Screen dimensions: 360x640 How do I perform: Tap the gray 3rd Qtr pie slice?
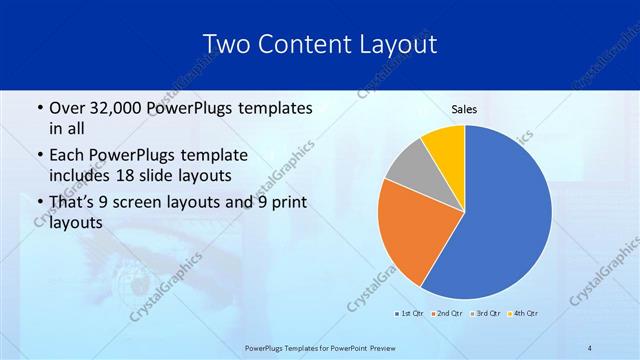[x=408, y=165]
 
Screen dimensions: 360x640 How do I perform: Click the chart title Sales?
[x=465, y=109]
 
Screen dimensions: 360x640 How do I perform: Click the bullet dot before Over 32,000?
[x=38, y=108]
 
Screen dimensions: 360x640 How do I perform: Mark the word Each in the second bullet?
[x=69, y=156]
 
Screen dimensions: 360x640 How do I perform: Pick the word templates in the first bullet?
[x=270, y=108]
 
